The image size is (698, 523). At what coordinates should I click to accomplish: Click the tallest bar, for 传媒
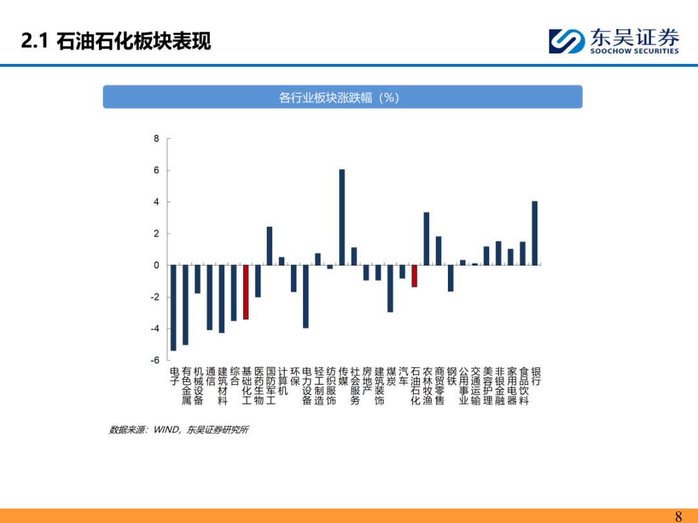coord(342,217)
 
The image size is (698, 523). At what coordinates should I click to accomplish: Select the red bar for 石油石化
coord(414,276)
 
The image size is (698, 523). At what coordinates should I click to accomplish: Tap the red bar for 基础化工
coord(246,292)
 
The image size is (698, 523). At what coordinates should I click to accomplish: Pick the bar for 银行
coord(534,233)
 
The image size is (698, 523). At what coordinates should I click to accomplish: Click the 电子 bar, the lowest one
coord(174,308)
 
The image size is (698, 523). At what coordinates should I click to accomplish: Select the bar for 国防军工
coord(270,246)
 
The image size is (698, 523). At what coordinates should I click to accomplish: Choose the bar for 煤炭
coord(390,289)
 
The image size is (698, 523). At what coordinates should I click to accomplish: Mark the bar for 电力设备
coord(306,296)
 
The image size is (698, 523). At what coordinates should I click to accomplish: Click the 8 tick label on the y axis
coord(156,139)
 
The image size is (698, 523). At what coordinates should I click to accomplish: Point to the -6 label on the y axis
coord(154,360)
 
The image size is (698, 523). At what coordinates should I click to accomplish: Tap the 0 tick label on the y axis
coord(156,265)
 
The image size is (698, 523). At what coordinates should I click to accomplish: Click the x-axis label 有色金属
coord(186,385)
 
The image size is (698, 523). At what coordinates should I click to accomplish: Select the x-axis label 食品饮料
coord(523,385)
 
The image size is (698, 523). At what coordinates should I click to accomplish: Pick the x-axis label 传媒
coord(343,376)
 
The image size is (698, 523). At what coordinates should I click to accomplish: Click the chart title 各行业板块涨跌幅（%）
coord(339,97)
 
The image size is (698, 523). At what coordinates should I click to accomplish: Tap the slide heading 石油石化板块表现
coord(134,41)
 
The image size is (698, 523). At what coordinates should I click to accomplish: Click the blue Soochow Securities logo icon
coord(567,41)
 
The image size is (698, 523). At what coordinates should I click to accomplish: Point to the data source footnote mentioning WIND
coord(179,429)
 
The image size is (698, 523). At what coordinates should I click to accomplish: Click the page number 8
coord(679,516)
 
